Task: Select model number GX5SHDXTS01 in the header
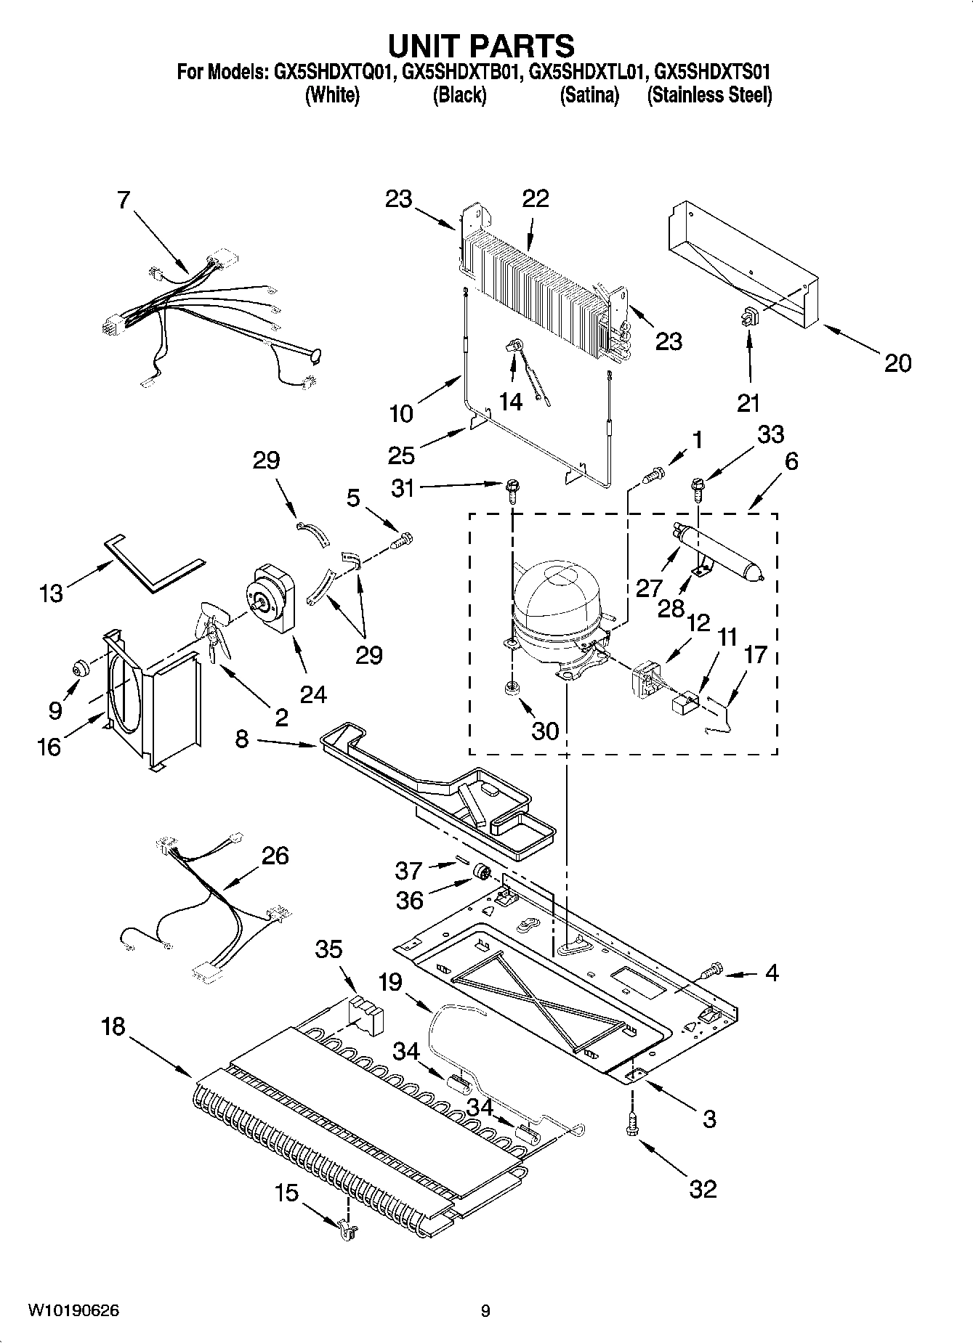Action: tap(712, 72)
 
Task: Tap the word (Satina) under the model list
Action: tap(589, 95)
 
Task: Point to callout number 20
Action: tap(897, 362)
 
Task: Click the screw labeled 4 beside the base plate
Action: tap(711, 968)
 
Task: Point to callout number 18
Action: tap(113, 1026)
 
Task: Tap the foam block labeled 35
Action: tap(365, 1011)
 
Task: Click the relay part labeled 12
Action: tap(643, 678)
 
